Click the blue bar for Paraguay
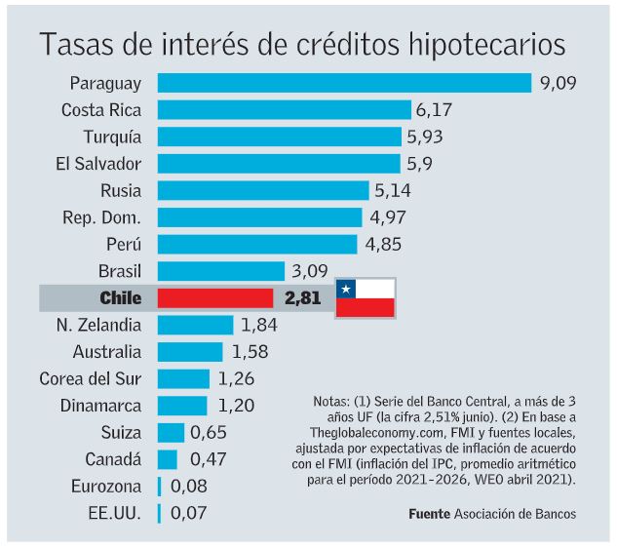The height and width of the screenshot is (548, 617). coord(344,83)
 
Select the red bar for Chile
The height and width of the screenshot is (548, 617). coord(215,298)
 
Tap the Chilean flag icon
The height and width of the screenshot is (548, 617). coord(365,297)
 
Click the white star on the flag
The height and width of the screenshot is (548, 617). coord(346,289)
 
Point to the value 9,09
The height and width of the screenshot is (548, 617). coord(558,84)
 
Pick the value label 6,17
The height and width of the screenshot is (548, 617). coord(435,110)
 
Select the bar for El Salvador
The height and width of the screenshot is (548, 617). coord(279,164)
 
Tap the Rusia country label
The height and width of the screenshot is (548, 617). coord(120,191)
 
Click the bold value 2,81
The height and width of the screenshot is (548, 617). coord(302,298)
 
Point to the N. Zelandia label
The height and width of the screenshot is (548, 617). coord(97,325)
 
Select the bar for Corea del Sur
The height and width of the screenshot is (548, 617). coord(183,378)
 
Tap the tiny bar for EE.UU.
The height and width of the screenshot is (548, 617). coord(159,512)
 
